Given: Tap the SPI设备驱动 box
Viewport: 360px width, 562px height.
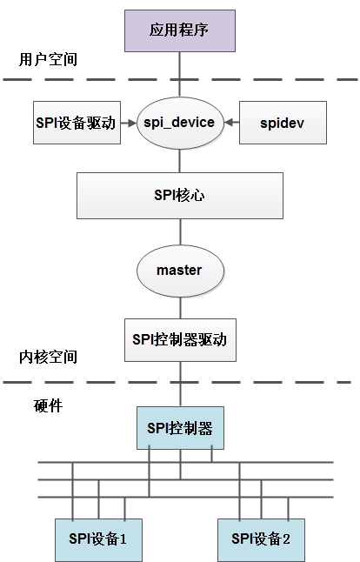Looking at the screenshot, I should coord(75,123).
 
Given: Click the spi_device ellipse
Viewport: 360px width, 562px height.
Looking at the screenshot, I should coord(179,123).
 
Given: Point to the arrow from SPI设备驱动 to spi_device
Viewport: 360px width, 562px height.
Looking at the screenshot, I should coord(130,123).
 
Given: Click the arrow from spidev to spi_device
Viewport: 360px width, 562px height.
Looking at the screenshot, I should coord(230,123).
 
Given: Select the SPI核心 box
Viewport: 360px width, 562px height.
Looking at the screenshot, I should coord(180,195).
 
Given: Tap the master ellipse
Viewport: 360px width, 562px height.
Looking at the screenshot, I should coord(179,270).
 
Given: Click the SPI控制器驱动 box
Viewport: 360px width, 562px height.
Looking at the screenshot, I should coord(180,339).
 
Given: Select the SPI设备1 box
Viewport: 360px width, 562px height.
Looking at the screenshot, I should coord(98,539).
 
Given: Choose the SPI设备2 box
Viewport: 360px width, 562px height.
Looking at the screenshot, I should coord(261,539).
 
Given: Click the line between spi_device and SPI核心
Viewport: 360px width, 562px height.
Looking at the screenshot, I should coord(180,159).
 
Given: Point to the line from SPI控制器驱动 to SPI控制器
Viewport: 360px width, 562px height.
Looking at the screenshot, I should coord(180,383).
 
